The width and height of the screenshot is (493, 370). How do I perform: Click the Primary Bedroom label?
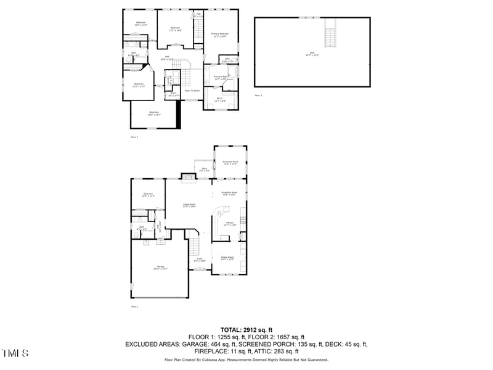[220, 35]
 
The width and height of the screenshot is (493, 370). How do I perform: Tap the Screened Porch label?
[230, 163]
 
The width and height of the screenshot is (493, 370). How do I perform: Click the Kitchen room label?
[229, 224]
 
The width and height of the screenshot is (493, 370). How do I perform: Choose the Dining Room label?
[227, 258]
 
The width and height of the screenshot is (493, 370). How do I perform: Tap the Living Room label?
[189, 205]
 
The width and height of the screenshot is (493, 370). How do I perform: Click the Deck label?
[204, 169]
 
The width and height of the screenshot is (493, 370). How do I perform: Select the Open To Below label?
[192, 91]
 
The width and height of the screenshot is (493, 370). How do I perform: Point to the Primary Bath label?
[220, 78]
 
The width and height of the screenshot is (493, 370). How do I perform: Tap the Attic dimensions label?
[312, 55]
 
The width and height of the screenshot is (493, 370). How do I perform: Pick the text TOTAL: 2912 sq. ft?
[246, 330]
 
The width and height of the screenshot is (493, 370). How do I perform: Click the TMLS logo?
[15, 353]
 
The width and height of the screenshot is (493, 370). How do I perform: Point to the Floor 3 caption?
[258, 96]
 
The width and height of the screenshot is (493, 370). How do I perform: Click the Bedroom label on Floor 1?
[148, 195]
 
